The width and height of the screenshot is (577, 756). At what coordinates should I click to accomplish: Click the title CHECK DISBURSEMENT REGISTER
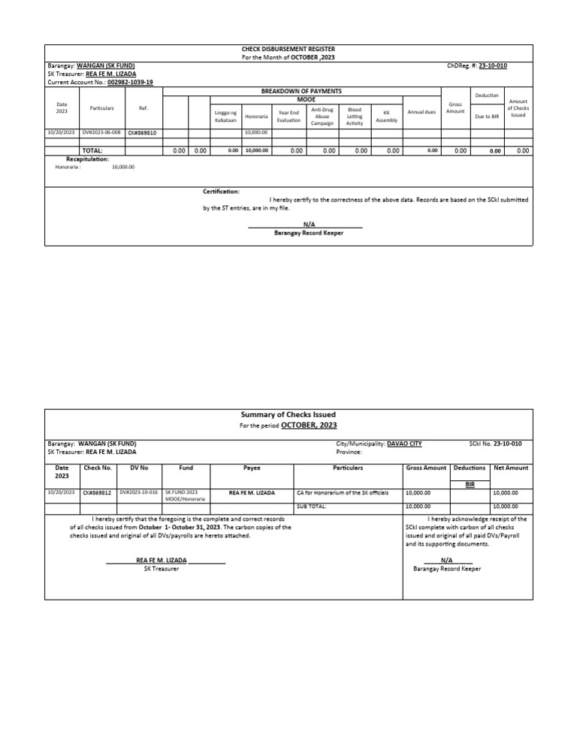(x=288, y=49)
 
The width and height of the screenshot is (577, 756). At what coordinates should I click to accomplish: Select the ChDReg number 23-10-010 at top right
(x=492, y=65)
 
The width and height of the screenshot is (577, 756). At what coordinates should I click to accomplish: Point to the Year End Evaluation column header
(x=288, y=116)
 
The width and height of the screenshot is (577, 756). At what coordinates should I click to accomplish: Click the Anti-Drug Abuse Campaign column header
(x=322, y=116)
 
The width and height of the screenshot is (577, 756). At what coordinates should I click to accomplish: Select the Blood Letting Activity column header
(x=355, y=116)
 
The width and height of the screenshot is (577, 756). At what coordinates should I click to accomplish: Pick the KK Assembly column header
(x=386, y=116)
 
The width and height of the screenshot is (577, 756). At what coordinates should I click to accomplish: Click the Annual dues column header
(x=421, y=112)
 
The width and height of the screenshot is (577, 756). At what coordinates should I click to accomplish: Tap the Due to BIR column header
(x=488, y=116)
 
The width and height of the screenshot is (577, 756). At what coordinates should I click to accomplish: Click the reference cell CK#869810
(x=142, y=132)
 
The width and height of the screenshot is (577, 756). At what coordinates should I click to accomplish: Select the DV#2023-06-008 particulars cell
(x=101, y=132)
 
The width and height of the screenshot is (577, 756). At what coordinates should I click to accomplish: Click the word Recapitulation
(x=87, y=159)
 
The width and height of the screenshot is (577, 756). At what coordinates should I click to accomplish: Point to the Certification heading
(x=221, y=192)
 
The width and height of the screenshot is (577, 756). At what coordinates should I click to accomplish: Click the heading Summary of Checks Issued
(x=288, y=414)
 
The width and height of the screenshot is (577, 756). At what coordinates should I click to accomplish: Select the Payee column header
(x=252, y=467)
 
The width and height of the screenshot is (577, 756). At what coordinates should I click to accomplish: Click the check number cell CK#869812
(x=98, y=492)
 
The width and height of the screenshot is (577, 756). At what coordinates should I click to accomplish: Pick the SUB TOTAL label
(x=312, y=507)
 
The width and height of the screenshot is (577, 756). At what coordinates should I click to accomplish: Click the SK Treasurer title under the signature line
(x=161, y=569)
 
